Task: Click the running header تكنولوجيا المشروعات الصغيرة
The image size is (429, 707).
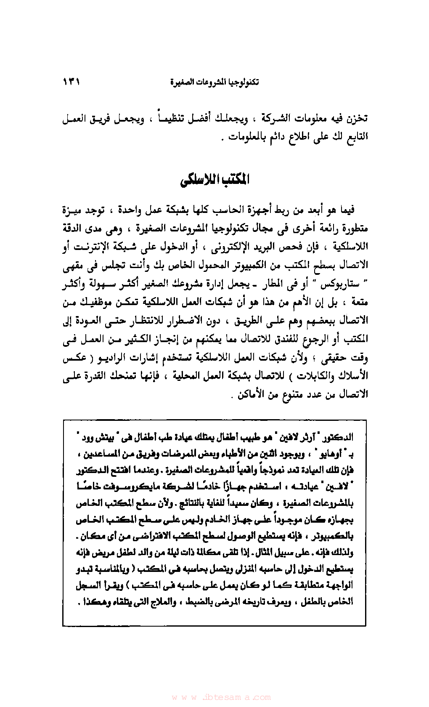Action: pyautogui.click(x=214, y=82)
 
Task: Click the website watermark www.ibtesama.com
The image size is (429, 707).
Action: pyautogui.click(x=221, y=697)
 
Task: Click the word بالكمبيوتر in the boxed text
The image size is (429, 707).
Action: pyautogui.click(x=334, y=537)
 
